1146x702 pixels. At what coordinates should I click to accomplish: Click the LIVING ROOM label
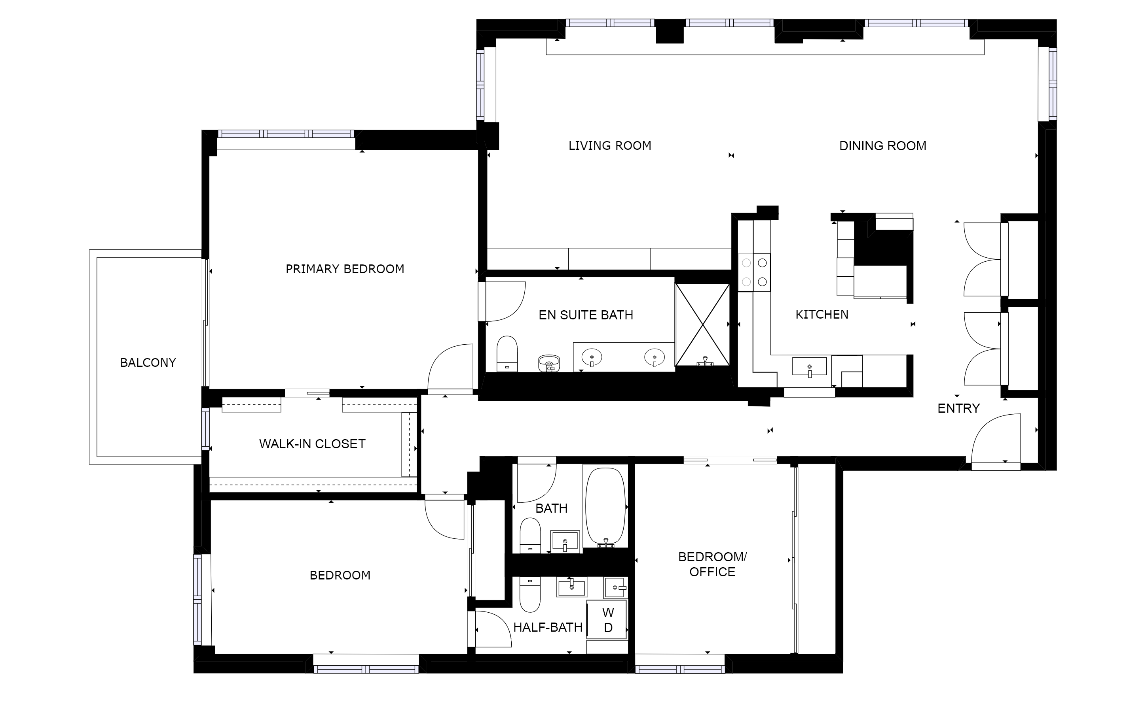tap(610, 146)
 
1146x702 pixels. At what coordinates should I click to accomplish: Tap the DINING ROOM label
tap(883, 146)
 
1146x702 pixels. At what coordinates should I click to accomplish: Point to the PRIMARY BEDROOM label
tap(345, 269)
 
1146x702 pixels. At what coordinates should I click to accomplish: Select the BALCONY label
tap(148, 363)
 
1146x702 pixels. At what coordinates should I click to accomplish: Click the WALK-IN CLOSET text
tap(312, 444)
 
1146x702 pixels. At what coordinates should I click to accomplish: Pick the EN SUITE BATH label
tap(586, 315)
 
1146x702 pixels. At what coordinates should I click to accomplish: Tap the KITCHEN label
tap(822, 315)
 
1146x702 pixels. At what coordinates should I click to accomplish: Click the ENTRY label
tap(958, 408)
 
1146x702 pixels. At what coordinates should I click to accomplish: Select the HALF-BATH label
tap(548, 628)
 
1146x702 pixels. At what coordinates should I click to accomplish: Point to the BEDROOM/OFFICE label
tap(712, 564)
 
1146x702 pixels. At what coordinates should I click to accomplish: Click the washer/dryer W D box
tap(607, 620)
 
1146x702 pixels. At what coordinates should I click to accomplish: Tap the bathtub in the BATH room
tap(605, 507)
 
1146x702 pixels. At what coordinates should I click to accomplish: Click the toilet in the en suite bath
tap(507, 353)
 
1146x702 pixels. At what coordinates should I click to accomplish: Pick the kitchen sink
tap(809, 366)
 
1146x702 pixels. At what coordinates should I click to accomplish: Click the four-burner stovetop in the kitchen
tap(754, 273)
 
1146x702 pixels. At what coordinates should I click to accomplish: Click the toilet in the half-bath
tap(530, 594)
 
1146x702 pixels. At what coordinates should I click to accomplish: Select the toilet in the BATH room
tap(530, 535)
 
